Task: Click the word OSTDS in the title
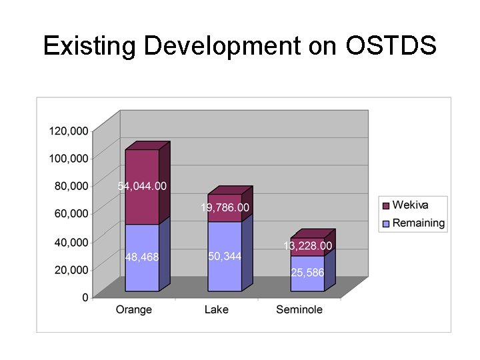391,46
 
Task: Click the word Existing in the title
90,46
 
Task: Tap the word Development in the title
221,46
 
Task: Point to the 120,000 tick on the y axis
69,131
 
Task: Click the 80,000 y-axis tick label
71,186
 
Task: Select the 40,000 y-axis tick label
71,242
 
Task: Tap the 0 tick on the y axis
85,297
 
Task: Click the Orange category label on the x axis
133,309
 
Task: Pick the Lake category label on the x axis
217,309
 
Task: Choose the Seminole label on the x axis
299,309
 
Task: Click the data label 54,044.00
142,186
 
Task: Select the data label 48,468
142,257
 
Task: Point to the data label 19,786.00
225,208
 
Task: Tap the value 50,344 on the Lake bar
225,257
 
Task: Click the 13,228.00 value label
307,246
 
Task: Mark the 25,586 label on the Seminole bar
307,273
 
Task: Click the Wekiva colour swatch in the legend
385,205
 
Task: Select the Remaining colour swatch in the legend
385,223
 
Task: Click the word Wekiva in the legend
410,205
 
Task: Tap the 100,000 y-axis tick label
69,158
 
